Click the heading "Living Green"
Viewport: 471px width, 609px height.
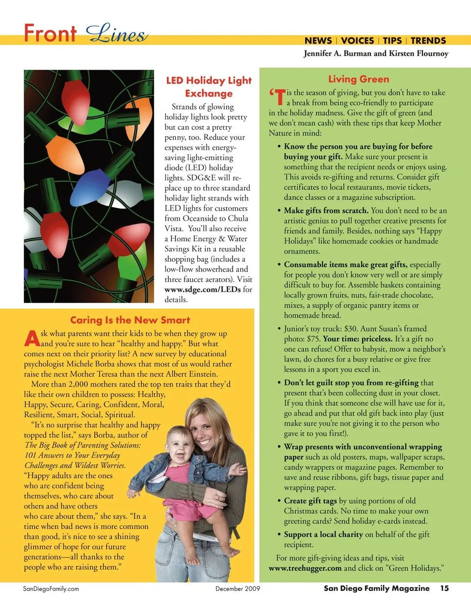pyautogui.click(x=358, y=79)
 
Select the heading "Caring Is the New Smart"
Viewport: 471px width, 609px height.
pyautogui.click(x=130, y=320)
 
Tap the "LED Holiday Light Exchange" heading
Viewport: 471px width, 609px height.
pyautogui.click(x=209, y=87)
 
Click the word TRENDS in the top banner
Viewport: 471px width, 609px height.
pyautogui.click(x=428, y=41)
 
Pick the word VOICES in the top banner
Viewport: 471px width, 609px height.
pyautogui.click(x=357, y=41)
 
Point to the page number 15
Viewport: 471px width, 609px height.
pyautogui.click(x=444, y=588)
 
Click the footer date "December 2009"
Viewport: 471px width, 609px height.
pyautogui.click(x=237, y=588)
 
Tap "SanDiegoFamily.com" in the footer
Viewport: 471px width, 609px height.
pyautogui.click(x=51, y=588)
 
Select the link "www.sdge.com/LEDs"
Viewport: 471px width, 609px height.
pyautogui.click(x=203, y=290)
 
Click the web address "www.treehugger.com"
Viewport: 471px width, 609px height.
pyautogui.click(x=305, y=568)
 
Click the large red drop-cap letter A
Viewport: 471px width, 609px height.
pyautogui.click(x=32, y=339)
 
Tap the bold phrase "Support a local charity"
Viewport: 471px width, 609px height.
pyautogui.click(x=323, y=534)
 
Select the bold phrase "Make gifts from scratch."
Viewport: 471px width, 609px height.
pyautogui.click(x=326, y=211)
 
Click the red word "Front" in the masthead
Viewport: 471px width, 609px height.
pyautogui.click(x=50, y=33)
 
